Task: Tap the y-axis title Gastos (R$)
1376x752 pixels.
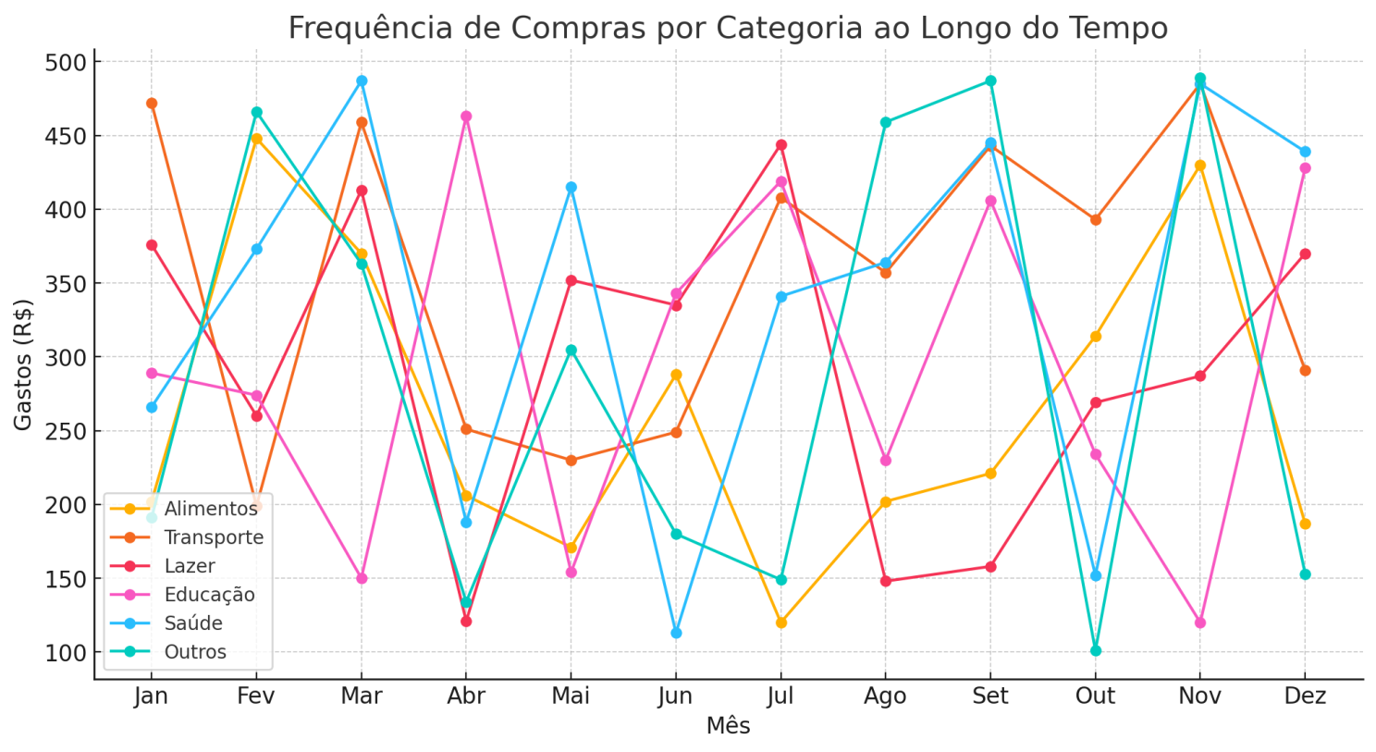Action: [x=23, y=364]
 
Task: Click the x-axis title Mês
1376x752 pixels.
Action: [x=728, y=726]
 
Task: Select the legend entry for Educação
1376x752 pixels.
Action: [x=209, y=595]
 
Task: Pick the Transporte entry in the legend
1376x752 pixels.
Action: [x=214, y=537]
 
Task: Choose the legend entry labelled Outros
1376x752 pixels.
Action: [x=195, y=652]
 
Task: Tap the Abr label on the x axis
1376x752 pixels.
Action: [x=466, y=697]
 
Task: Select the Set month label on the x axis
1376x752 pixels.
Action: [x=990, y=697]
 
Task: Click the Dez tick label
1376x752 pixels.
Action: [x=1305, y=697]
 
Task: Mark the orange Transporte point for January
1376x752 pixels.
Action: [x=152, y=104]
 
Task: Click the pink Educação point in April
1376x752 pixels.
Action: [x=466, y=117]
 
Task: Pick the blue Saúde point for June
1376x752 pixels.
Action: [x=676, y=633]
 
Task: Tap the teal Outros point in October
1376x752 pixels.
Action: [x=1096, y=650]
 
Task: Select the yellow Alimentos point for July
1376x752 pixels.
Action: [x=781, y=623]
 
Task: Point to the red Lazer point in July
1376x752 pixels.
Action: [x=781, y=145]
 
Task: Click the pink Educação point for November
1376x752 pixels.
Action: [x=1200, y=623]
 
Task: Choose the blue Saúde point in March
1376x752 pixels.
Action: [x=362, y=81]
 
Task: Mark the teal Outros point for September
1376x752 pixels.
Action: [x=990, y=81]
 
